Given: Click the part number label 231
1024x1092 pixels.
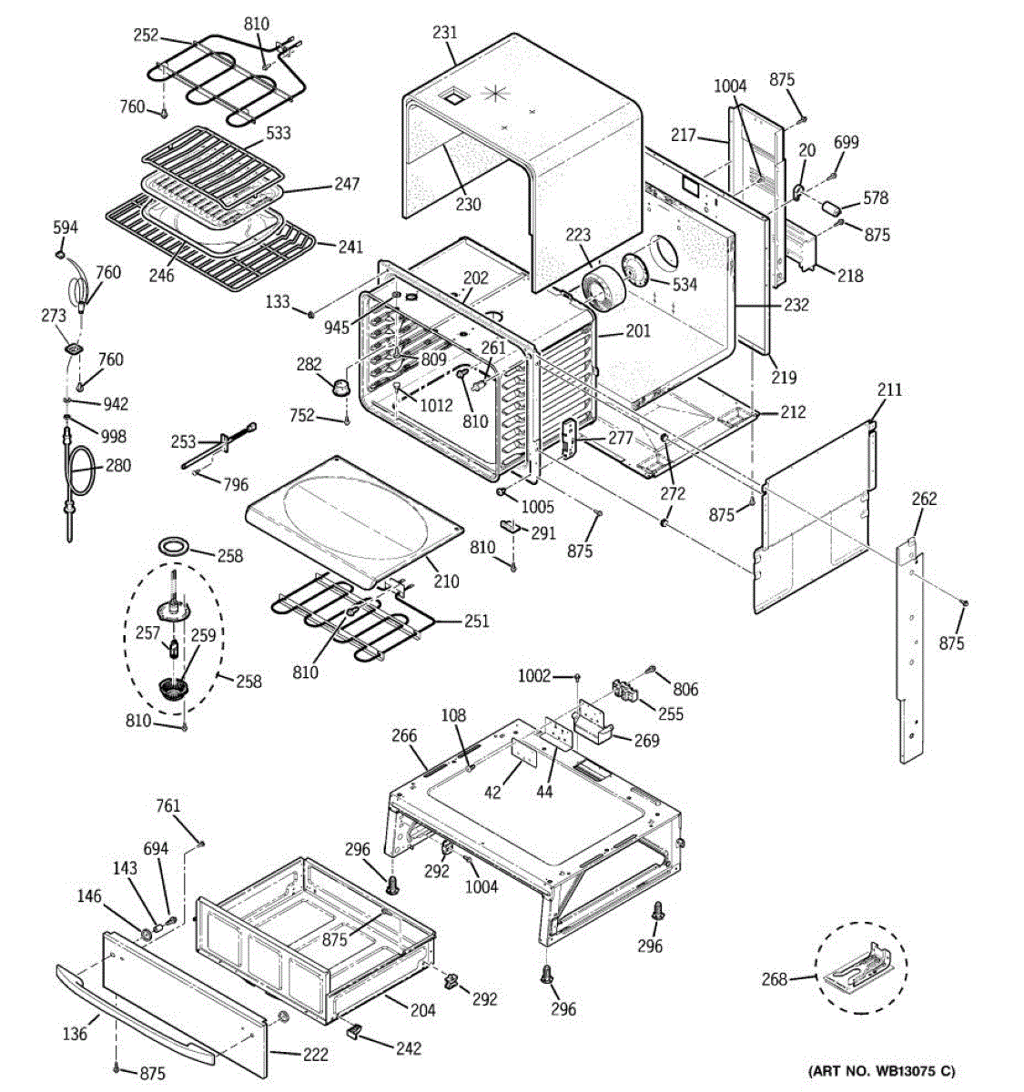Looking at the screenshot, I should tap(445, 33).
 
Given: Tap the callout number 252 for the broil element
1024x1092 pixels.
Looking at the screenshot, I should tap(146, 35).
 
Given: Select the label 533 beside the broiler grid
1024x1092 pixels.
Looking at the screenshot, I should tap(279, 133).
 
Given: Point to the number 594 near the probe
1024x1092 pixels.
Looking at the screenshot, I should tap(66, 227).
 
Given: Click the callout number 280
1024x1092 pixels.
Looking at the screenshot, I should tap(118, 465).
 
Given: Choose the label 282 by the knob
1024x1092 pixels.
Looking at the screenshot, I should tap(309, 364).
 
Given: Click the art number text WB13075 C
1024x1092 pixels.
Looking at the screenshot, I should tap(881, 1071).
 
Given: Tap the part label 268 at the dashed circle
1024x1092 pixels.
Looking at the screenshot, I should tap(775, 979).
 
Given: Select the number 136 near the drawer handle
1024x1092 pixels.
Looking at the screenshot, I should tap(75, 1033).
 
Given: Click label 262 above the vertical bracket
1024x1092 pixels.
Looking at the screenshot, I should tap(924, 499).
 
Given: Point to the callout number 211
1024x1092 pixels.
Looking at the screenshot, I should tap(889, 389).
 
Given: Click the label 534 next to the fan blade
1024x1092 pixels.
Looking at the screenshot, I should tap(684, 284).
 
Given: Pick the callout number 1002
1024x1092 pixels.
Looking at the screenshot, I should tap(534, 675).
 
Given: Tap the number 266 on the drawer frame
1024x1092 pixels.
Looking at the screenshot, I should tap(404, 736).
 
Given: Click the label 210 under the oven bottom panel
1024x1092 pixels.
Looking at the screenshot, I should tap(446, 581).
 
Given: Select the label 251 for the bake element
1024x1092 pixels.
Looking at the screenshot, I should tap(476, 621).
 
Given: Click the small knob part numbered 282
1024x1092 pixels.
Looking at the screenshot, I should tap(342, 387).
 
